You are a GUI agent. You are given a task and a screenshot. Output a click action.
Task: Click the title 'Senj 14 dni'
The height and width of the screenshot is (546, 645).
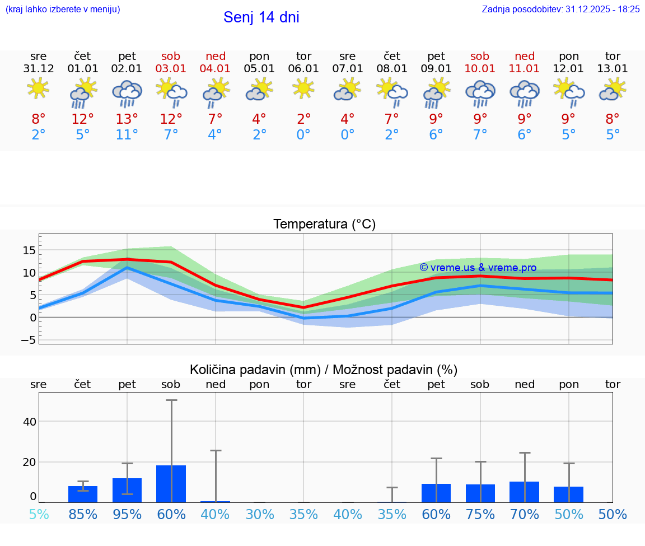261,17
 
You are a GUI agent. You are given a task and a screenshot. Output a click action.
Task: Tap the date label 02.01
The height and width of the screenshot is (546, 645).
127,69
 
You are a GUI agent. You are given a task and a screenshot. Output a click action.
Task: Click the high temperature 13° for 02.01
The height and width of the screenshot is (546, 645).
127,119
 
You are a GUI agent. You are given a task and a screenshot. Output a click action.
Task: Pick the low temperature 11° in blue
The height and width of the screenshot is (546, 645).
127,135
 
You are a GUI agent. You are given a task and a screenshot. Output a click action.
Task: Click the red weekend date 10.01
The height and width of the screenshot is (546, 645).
480,69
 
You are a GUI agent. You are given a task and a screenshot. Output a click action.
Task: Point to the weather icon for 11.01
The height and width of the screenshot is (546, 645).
524,93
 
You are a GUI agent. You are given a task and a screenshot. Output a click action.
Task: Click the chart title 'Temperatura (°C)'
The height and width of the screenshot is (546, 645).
324,225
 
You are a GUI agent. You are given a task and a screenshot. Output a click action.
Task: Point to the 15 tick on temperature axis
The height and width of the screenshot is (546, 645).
30,250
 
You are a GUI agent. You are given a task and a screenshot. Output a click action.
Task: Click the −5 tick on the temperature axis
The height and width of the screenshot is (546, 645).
29,340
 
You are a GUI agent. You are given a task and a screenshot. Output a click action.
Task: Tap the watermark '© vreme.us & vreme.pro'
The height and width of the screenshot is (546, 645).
478,268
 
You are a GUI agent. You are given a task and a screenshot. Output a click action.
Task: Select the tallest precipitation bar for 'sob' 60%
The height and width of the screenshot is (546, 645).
171,484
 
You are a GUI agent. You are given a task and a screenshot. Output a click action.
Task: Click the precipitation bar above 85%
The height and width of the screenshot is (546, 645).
83,494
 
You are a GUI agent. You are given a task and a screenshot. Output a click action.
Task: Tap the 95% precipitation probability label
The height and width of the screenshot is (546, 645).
127,514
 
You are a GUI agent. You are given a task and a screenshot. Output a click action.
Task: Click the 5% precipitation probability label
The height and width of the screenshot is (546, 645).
39,514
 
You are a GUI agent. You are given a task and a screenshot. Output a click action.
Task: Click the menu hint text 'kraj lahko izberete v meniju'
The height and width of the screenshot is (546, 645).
63,9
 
